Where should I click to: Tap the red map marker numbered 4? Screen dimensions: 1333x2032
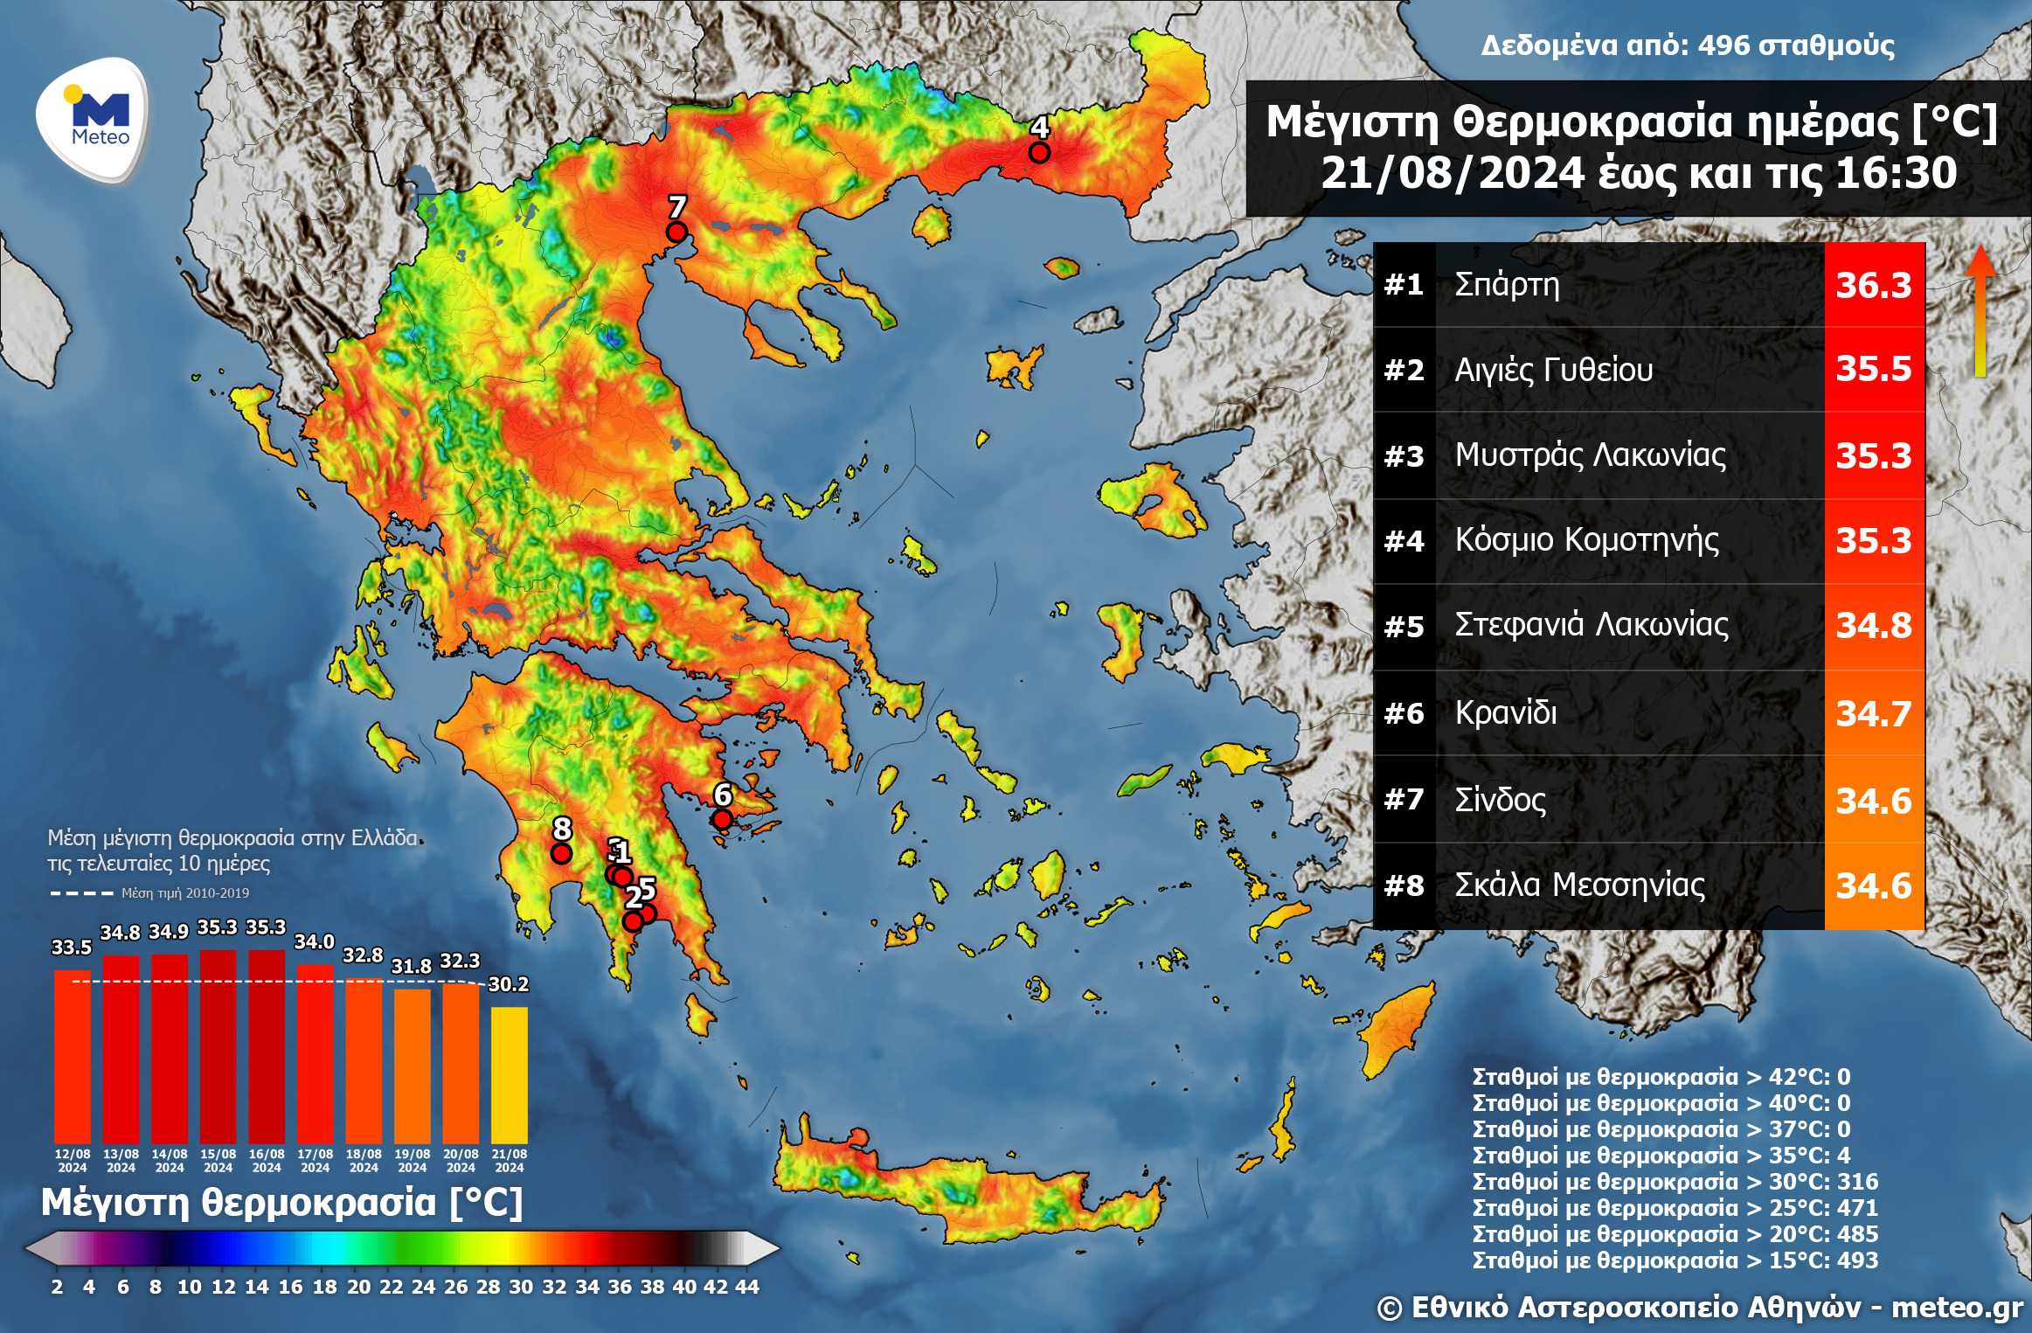1038,152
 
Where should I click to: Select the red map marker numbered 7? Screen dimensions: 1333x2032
676,232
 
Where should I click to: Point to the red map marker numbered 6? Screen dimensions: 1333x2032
722,819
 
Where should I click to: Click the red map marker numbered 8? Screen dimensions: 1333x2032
561,852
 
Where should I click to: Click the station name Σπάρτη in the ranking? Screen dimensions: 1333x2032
1507,284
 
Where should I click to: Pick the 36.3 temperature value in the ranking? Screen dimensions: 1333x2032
1873,285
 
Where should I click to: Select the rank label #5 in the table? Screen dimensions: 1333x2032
1404,627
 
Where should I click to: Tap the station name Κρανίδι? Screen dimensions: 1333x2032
1506,712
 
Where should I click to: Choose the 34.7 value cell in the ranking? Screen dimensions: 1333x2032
1873,713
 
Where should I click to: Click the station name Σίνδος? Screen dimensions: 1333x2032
1500,799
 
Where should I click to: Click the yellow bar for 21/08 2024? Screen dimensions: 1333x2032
509,1075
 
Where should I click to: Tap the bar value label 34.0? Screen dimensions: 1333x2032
314,941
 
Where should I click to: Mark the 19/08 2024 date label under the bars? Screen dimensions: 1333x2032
412,1160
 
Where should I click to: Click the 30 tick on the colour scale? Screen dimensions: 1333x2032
521,1287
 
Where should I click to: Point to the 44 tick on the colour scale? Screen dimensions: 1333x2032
747,1287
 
